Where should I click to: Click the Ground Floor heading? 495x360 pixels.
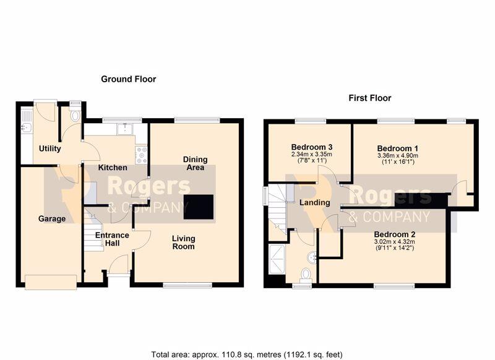pyautogui.click(x=129, y=79)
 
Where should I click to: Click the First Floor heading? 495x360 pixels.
pyautogui.click(x=369, y=98)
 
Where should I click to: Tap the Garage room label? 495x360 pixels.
pyautogui.click(x=52, y=218)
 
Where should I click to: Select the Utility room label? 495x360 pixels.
pyautogui.click(x=50, y=148)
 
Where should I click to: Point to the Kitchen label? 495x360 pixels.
pyautogui.click(x=113, y=168)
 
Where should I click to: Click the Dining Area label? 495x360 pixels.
pyautogui.click(x=196, y=163)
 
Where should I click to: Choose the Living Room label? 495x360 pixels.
pyautogui.click(x=183, y=242)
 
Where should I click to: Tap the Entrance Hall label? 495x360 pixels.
pyautogui.click(x=112, y=239)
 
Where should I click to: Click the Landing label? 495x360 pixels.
pyautogui.click(x=315, y=202)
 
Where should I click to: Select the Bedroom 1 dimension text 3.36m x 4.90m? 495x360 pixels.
pyautogui.click(x=398, y=155)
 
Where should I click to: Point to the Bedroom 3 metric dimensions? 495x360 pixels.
pyautogui.click(x=312, y=155)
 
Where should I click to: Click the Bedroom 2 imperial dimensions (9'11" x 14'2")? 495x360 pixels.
pyautogui.click(x=395, y=248)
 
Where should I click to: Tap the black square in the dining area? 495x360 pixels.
pyautogui.click(x=199, y=207)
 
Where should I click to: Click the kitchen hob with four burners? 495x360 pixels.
pyautogui.click(x=141, y=155)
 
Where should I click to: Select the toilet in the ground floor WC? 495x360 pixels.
pyautogui.click(x=75, y=116)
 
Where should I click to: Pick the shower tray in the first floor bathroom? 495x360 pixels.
pyautogui.click(x=277, y=259)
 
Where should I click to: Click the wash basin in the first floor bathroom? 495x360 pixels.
pyautogui.click(x=312, y=257)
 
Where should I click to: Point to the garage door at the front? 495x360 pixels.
pyautogui.click(x=51, y=282)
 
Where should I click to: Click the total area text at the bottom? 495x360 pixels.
pyautogui.click(x=247, y=354)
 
